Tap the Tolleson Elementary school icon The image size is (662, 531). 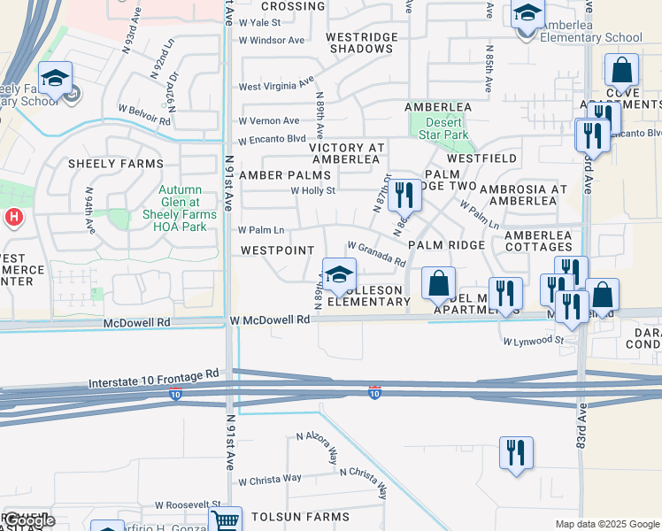point(338,275)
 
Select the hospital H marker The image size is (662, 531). point(12,217)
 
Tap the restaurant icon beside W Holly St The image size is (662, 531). point(404,194)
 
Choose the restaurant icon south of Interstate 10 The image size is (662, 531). point(516,451)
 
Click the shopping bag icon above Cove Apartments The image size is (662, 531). point(621,71)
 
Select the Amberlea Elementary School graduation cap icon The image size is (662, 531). point(527,16)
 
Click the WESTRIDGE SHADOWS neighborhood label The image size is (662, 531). point(359,42)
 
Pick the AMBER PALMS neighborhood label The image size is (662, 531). point(278,175)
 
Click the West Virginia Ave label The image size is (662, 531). point(277,85)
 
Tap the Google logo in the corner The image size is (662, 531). point(28,520)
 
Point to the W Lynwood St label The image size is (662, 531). point(533,340)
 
